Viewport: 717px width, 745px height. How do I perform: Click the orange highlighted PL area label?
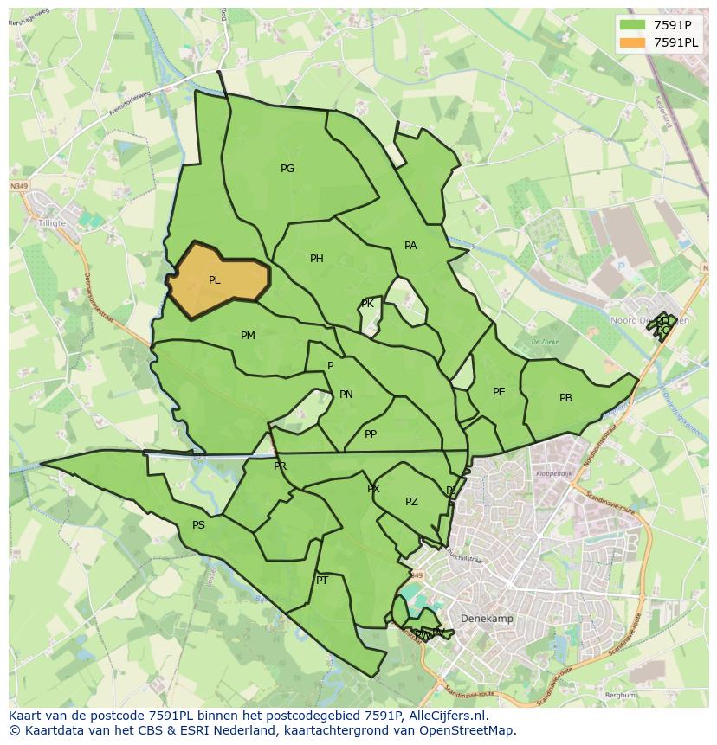click(x=214, y=280)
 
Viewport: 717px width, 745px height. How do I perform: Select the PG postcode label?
click(x=287, y=169)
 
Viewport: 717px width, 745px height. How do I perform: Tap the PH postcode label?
click(x=316, y=259)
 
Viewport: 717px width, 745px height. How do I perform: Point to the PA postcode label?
click(x=410, y=246)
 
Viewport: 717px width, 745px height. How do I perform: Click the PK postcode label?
click(x=367, y=304)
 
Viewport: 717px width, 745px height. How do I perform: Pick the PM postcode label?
click(x=248, y=336)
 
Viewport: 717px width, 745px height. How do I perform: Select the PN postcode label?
click(x=346, y=395)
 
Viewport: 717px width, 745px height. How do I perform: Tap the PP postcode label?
click(x=371, y=434)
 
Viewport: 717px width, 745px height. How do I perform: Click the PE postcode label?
click(x=499, y=392)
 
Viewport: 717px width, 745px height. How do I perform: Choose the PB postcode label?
click(x=565, y=398)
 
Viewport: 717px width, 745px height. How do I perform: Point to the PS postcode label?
click(x=198, y=525)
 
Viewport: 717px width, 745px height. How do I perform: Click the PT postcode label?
click(x=322, y=581)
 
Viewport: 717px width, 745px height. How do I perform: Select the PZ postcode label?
click(x=411, y=502)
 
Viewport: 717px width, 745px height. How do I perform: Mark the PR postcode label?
click(x=280, y=466)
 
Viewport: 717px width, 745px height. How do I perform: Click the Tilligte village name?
click(x=53, y=221)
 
